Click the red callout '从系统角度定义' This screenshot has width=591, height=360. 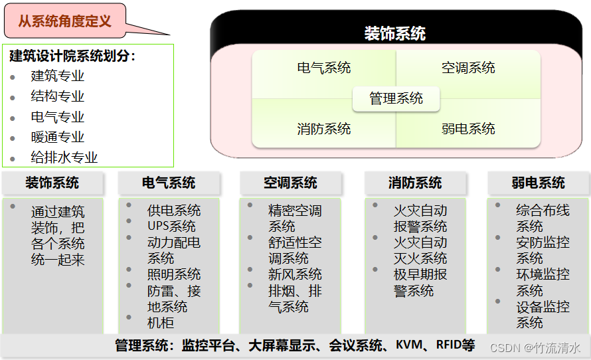(64, 21)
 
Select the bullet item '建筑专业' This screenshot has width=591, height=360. (58, 76)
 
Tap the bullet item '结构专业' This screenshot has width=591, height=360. (58, 97)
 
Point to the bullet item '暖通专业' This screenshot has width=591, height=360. (58, 137)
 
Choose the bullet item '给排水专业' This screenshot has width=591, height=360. (64, 158)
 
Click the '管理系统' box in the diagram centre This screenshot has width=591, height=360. (396, 99)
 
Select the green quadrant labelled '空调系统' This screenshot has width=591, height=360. (468, 68)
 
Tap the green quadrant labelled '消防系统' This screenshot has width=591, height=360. (324, 129)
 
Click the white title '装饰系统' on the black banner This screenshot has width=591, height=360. (395, 33)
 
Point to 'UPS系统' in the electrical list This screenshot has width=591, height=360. (171, 226)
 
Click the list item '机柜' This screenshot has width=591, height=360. (161, 323)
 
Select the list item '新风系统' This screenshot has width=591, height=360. (295, 274)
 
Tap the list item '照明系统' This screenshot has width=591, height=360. (174, 274)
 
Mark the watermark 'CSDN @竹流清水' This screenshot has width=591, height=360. (535, 347)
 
